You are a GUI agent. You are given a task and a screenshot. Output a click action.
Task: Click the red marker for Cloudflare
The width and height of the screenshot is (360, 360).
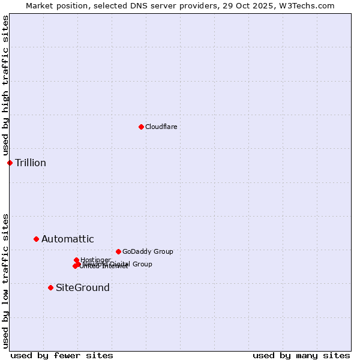coord(141,127)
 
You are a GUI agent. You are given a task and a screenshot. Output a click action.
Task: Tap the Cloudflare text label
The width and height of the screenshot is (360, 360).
coord(161,127)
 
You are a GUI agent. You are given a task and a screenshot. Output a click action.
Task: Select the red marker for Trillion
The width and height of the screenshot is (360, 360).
coord(10,163)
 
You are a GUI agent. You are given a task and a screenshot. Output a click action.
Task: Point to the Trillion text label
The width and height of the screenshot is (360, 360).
coord(31,163)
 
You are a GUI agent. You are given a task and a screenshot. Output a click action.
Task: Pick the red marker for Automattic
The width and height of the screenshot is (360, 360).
coord(36,239)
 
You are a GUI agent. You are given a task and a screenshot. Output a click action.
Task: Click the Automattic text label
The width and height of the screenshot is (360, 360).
coord(68,239)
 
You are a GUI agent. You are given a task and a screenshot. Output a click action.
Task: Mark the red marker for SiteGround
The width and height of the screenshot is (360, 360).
coord(50,287)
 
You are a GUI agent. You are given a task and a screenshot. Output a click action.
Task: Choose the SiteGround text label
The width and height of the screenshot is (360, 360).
coord(83,288)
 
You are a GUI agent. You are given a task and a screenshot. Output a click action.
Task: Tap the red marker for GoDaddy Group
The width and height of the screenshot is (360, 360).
coord(118,251)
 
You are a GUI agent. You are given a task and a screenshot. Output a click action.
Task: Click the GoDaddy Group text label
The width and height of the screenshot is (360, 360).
coord(148,251)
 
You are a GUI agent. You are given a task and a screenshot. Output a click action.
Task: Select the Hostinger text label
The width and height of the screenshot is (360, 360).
coord(95,260)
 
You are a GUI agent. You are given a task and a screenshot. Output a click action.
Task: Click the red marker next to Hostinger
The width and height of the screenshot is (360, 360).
coord(76,260)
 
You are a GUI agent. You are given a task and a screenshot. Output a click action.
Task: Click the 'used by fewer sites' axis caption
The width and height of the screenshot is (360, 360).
coord(62,355)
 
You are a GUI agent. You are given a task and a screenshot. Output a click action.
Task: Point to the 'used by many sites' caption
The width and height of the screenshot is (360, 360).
coord(301,355)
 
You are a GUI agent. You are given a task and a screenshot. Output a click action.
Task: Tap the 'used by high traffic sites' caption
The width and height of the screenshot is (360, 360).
coord(6,86)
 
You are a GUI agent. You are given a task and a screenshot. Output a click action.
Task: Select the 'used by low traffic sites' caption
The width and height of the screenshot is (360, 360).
coord(6,281)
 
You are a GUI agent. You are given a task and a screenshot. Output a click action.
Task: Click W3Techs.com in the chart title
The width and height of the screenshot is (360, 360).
coord(305,6)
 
